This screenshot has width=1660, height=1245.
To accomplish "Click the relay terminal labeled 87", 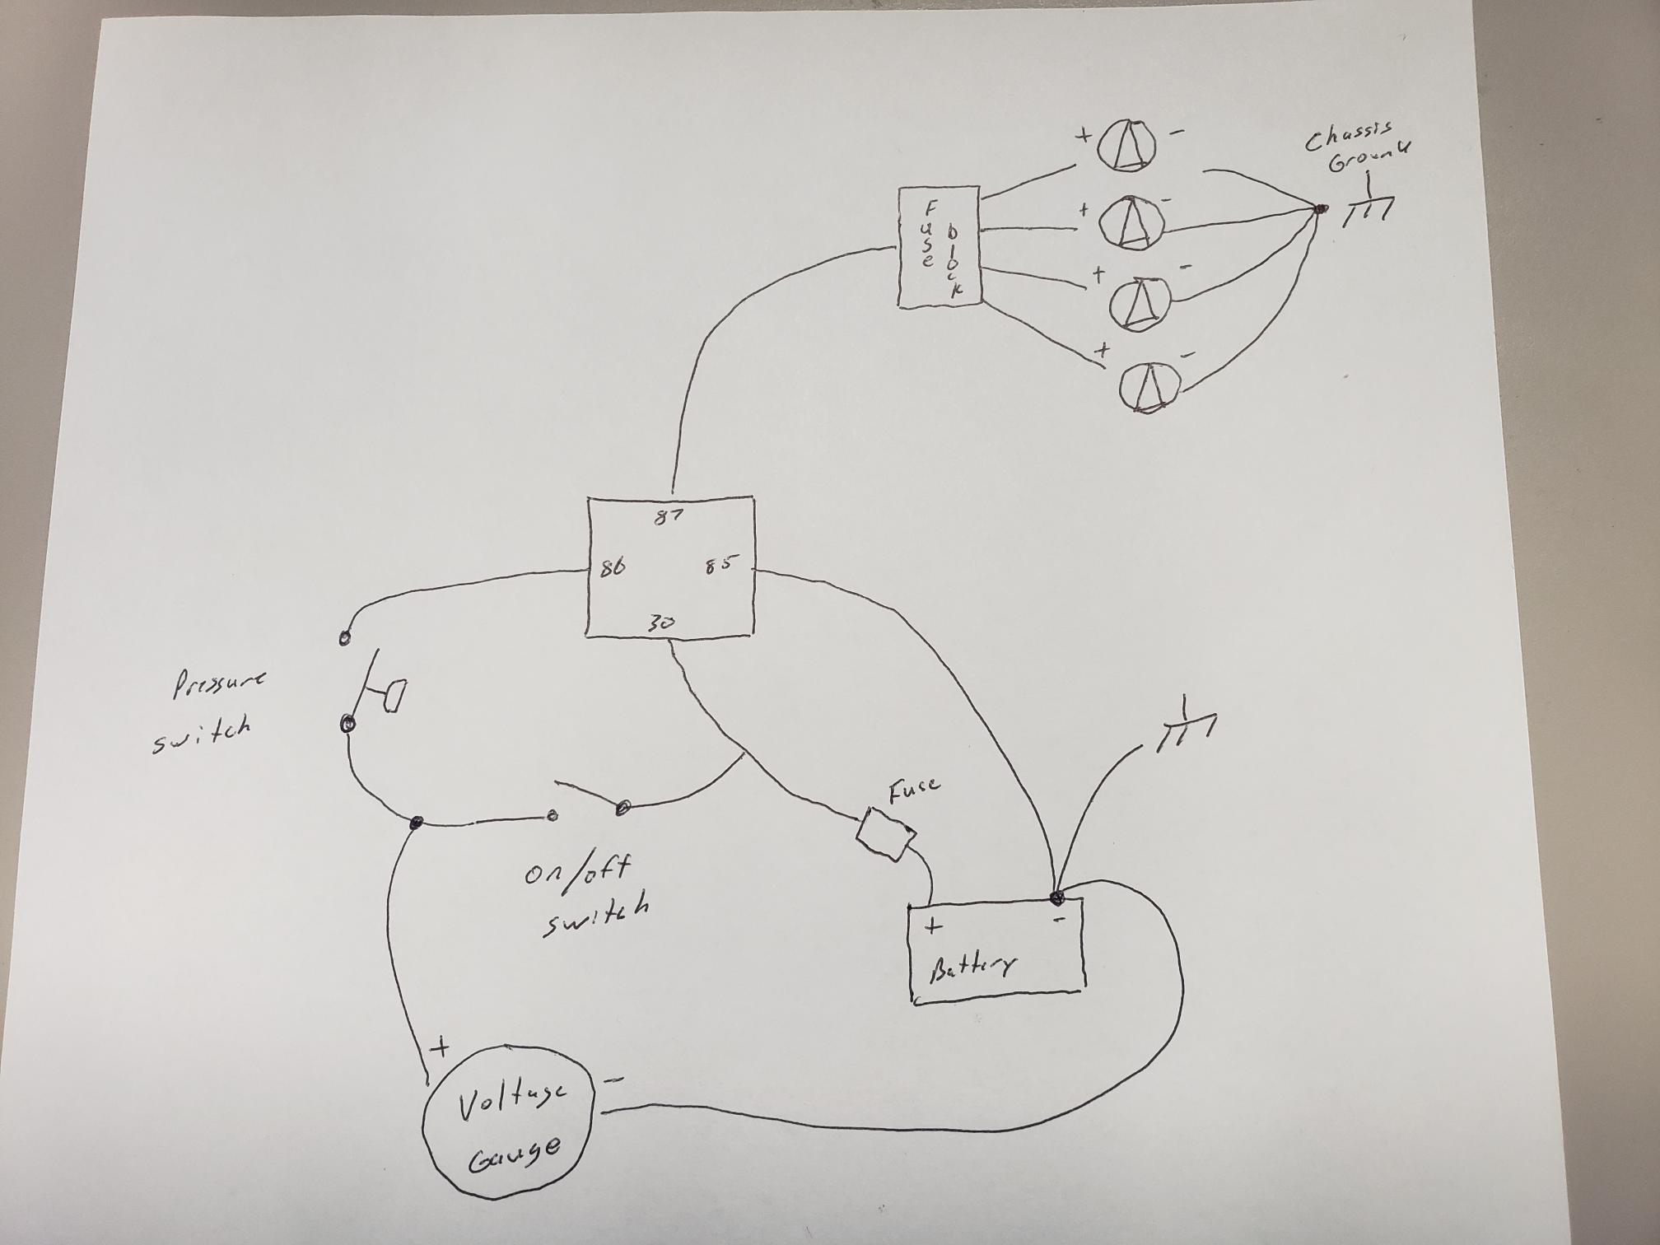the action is point(669,518).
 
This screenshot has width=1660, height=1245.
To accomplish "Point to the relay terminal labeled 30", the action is point(660,622).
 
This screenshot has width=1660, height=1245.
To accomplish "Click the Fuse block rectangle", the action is point(940,247).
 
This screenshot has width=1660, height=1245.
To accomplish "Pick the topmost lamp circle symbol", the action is point(1126,145).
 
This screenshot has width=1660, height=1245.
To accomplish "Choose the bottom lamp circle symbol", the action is point(1149,385).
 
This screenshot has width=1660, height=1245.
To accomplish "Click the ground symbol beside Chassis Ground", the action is point(1368,204).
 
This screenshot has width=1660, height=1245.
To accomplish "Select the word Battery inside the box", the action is point(972,968).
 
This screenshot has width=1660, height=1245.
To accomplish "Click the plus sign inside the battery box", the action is point(933,926).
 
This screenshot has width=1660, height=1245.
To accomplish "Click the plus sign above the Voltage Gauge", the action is point(441,1047).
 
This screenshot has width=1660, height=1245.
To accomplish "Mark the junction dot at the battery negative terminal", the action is point(1056,898).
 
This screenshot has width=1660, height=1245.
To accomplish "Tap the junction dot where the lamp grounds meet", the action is point(1321,209).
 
